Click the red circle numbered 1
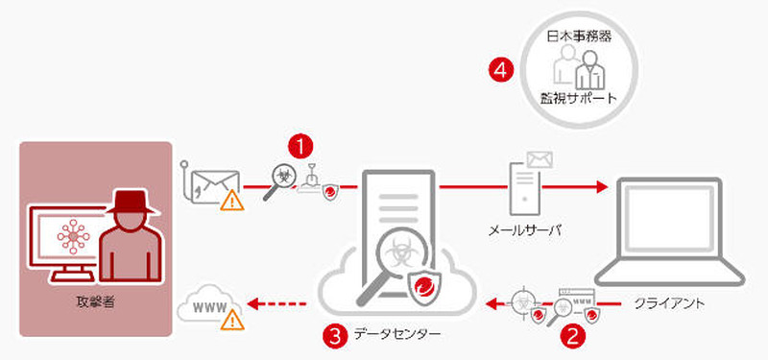point(302,147)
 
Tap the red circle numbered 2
point(573,336)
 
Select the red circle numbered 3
point(333,336)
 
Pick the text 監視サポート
point(578,99)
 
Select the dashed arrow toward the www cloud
point(278,306)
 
